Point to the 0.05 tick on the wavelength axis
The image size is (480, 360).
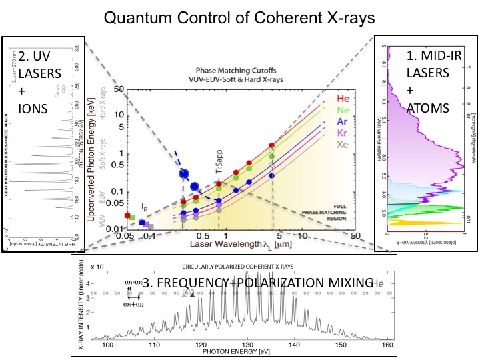click(122, 236)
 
